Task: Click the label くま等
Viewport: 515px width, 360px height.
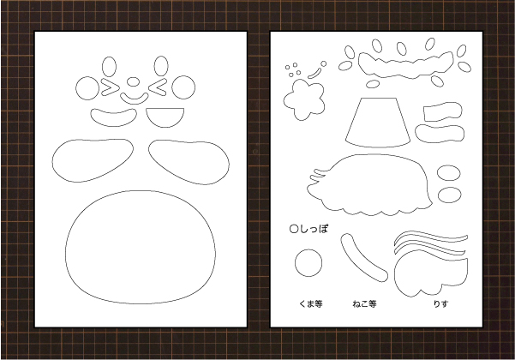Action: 310,303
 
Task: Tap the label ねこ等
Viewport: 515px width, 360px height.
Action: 364,303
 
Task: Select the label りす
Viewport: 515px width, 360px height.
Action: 440,303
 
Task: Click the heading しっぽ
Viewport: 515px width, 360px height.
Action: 309,229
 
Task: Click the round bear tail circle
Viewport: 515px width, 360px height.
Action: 308,263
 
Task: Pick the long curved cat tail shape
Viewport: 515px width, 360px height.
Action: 363,258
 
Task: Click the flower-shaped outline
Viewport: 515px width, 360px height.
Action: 304,99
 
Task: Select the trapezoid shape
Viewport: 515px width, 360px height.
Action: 377,123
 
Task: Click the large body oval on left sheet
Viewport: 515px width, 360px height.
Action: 141,247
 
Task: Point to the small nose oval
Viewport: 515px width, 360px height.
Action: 133,81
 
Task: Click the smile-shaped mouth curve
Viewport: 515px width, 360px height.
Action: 134,99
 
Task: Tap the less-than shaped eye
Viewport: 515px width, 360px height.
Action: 157,87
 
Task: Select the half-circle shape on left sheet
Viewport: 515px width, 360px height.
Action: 165,117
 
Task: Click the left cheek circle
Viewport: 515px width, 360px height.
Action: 87,88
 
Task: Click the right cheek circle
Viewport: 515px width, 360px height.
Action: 183,87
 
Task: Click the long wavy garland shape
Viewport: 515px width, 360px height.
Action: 405,65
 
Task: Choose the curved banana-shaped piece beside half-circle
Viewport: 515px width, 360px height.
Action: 114,117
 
